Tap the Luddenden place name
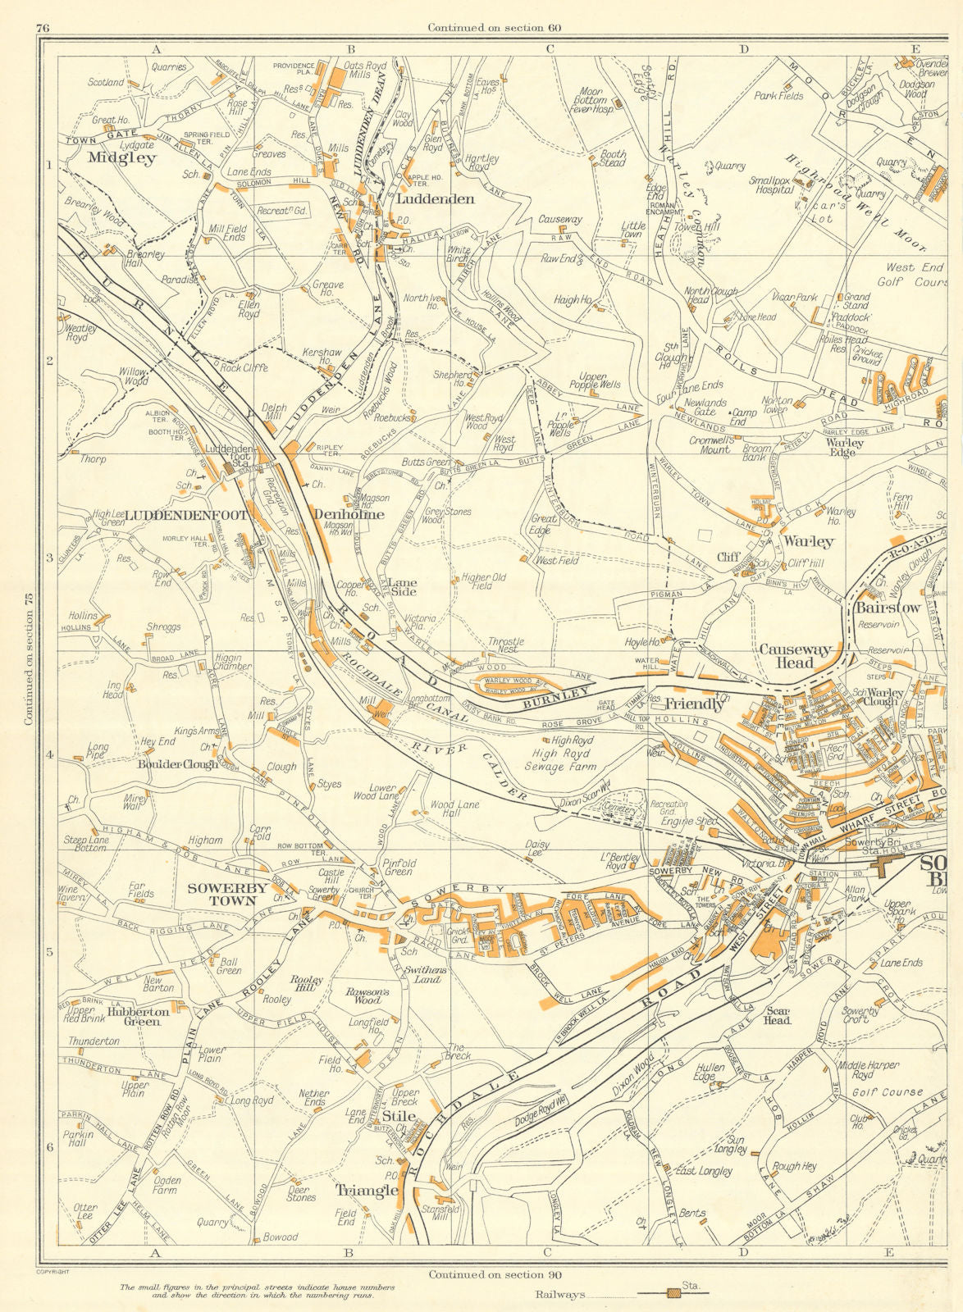[435, 199]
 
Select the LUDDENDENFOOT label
[169, 515]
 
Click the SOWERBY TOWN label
[226, 894]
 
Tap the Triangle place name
[367, 1190]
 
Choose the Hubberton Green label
[137, 1017]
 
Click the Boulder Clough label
[178, 763]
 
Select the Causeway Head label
[795, 656]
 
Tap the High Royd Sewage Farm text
[562, 754]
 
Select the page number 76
[43, 28]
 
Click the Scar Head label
[776, 1016]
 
